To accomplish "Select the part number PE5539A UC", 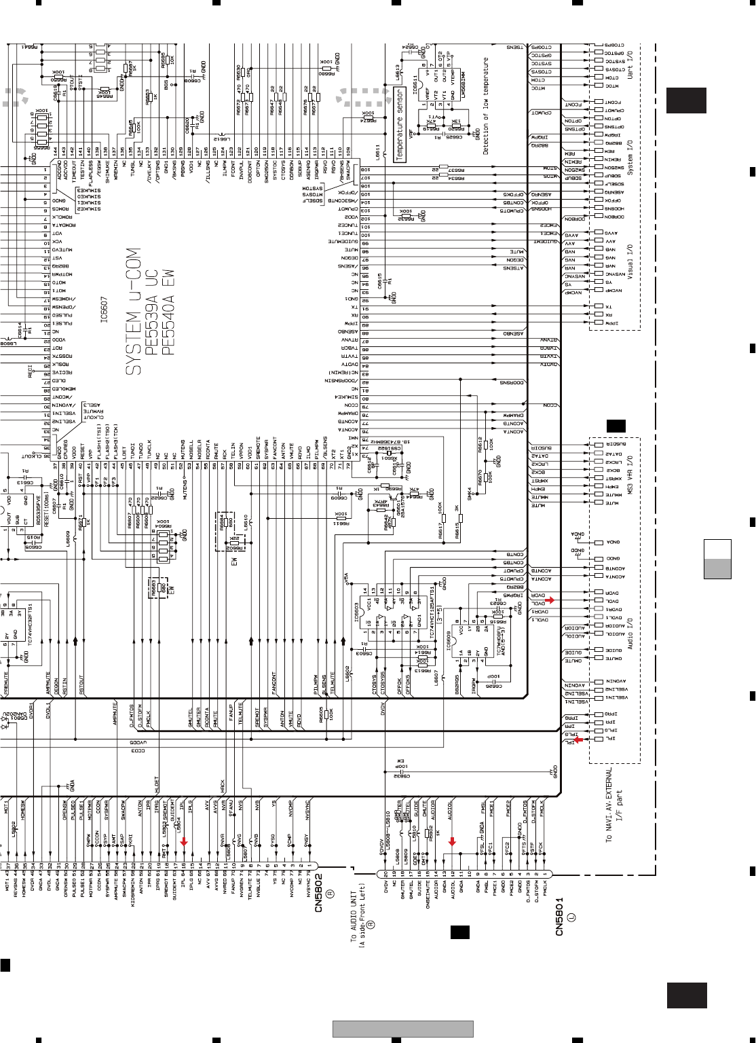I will click(x=151, y=312).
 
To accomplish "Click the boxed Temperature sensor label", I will click(x=400, y=125).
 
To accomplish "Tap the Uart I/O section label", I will click(x=630, y=64).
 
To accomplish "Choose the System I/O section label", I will click(x=630, y=158).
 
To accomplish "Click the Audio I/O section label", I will click(x=630, y=633).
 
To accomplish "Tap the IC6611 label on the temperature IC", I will click(x=415, y=87).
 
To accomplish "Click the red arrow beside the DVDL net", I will click(x=550, y=600).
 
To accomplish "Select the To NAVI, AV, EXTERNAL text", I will click(x=609, y=805).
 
